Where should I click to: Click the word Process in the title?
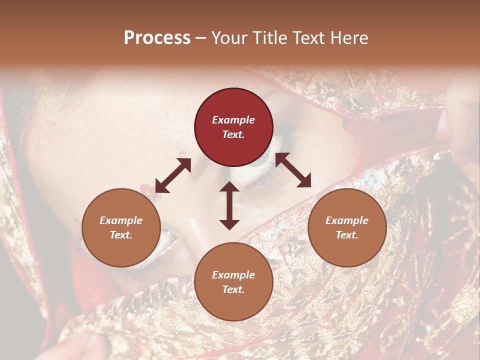(157, 38)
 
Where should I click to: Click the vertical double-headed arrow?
(229, 205)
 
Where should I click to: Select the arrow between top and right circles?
(293, 170)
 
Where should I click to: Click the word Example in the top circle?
(233, 120)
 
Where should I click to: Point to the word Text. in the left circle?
(121, 235)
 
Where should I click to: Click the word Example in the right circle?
(347, 220)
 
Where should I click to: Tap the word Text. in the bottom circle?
(233, 289)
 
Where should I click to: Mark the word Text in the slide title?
(309, 38)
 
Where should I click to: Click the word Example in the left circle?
(121, 220)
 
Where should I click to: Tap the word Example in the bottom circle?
(233, 275)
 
